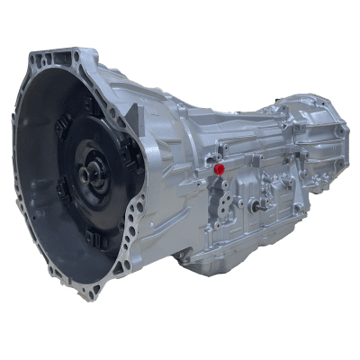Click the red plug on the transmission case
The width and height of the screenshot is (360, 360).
pyautogui.click(x=220, y=168)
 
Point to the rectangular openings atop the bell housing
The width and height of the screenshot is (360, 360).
pyautogui.click(x=54, y=61)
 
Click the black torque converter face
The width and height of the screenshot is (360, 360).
pyautogui.click(x=72, y=180)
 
